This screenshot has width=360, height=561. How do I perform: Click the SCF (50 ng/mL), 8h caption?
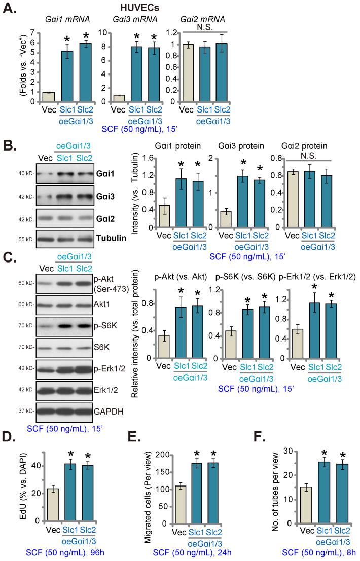tap(307, 552)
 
